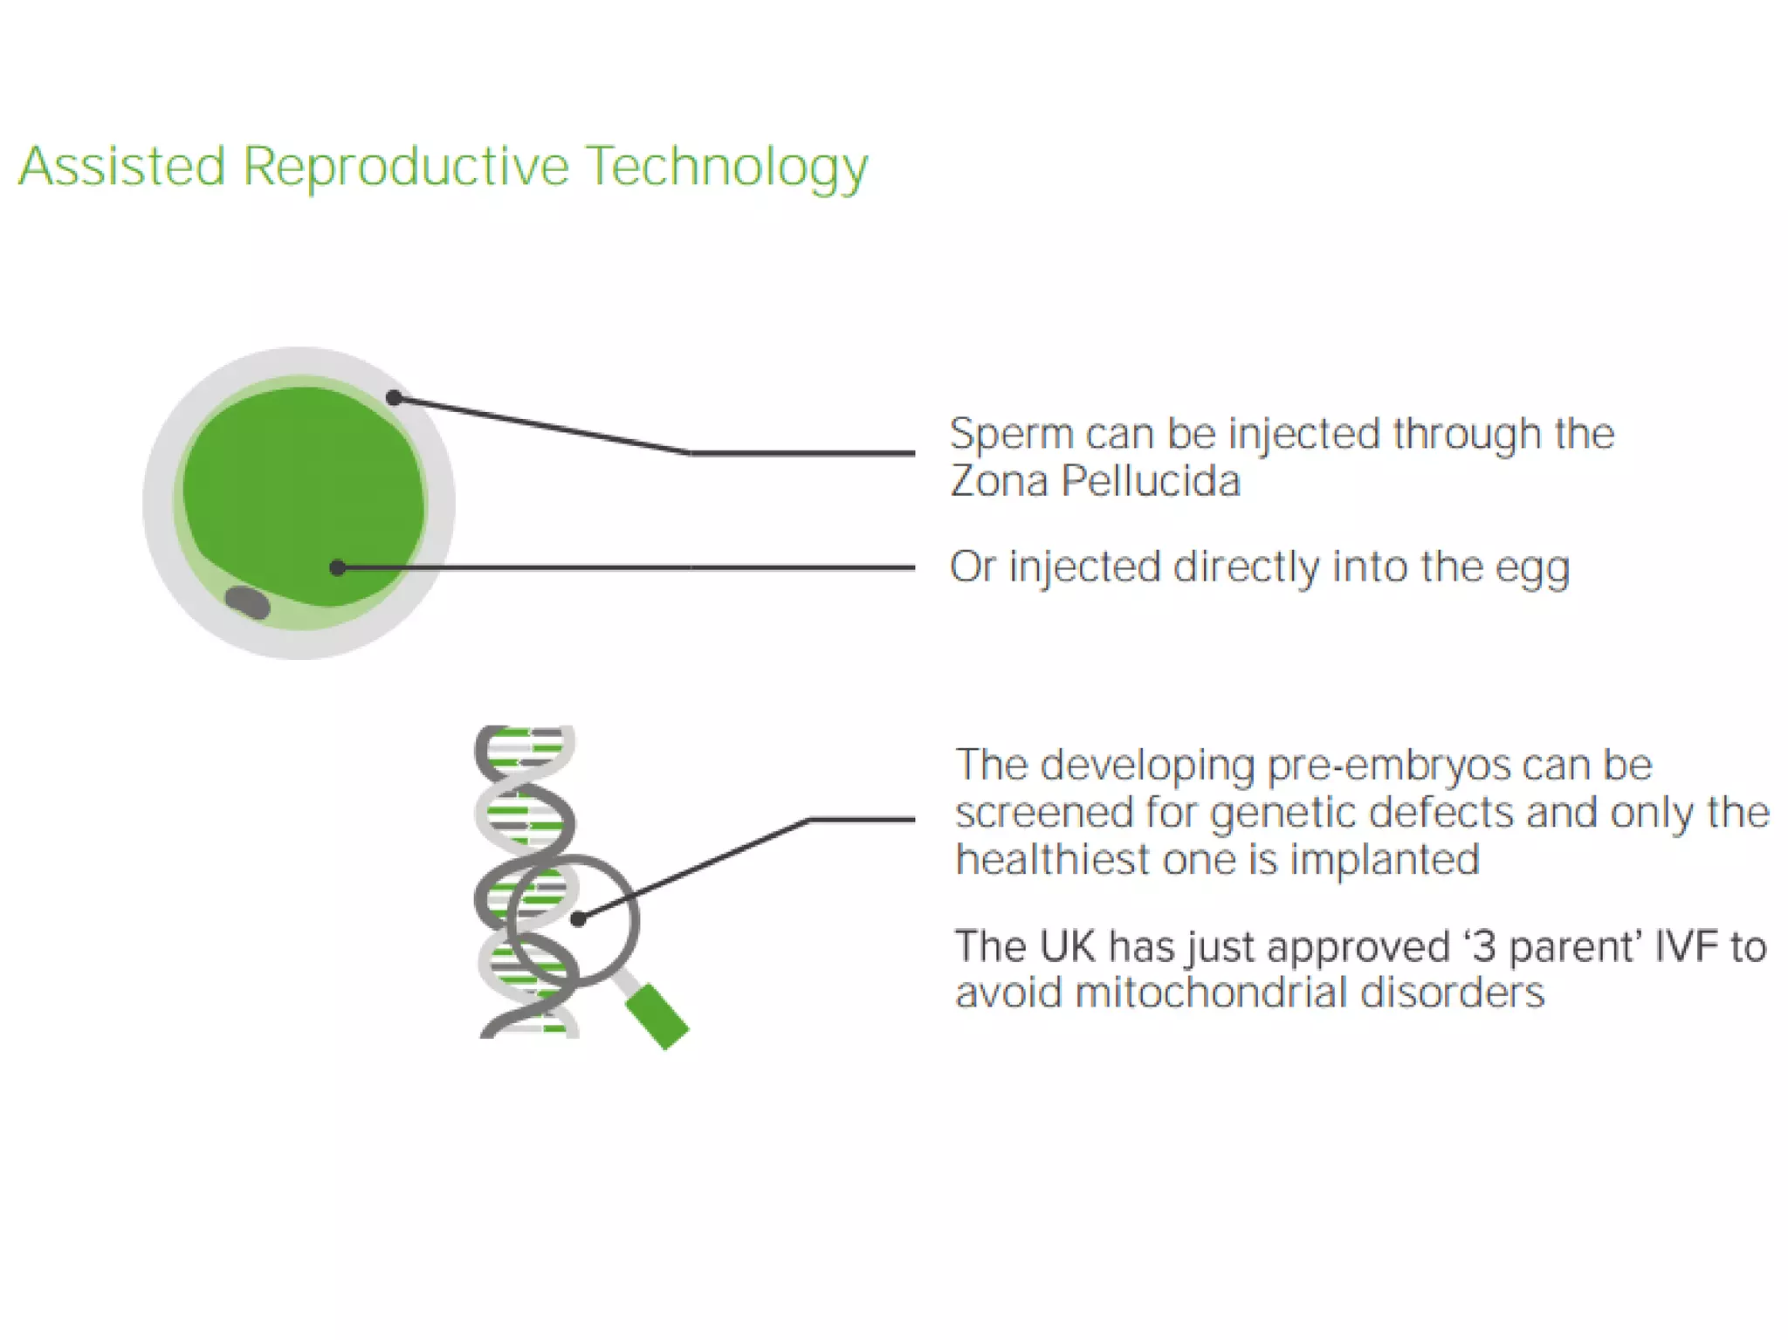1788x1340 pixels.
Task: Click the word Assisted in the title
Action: click(x=122, y=166)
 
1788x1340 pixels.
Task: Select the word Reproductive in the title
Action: click(x=406, y=168)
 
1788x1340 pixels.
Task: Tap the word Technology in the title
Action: click(x=727, y=168)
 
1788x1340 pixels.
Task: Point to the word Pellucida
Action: click(x=1151, y=481)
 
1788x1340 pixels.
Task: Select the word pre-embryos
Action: click(x=1388, y=766)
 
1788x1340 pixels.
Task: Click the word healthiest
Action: click(x=1052, y=860)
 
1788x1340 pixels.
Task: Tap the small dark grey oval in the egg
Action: click(x=248, y=602)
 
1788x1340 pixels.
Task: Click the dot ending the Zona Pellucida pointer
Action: click(x=394, y=398)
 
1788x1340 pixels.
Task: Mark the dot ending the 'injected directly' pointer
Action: click(x=338, y=568)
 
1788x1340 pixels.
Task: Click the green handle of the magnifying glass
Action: click(x=657, y=1015)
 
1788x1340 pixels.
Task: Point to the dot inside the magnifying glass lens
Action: click(x=577, y=918)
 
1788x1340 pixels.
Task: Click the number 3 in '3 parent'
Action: click(x=1482, y=947)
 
